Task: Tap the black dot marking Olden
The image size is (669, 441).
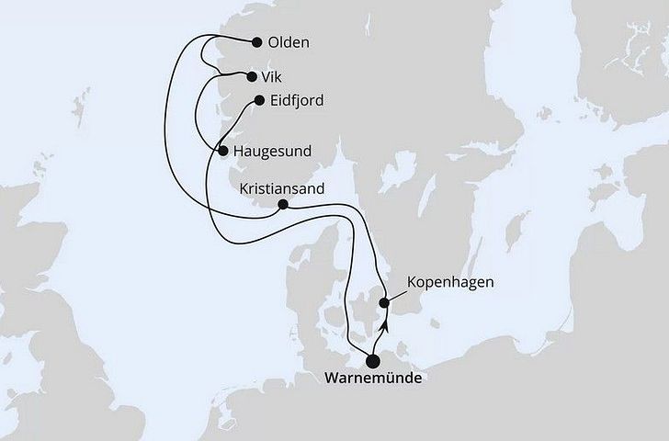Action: pyautogui.click(x=256, y=42)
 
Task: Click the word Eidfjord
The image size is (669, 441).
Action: pyautogui.click(x=297, y=101)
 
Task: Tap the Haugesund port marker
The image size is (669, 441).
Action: pyautogui.click(x=223, y=150)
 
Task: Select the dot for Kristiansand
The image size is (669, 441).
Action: pyautogui.click(x=283, y=205)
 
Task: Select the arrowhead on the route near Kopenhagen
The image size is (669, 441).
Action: pyautogui.click(x=386, y=323)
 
